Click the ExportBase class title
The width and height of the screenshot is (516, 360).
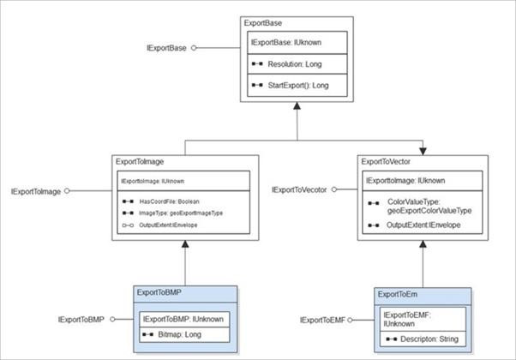click(x=262, y=23)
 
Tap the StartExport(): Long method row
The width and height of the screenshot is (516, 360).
click(x=298, y=86)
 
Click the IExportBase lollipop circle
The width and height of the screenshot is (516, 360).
click(x=194, y=48)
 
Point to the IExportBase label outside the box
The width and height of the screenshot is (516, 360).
click(x=166, y=48)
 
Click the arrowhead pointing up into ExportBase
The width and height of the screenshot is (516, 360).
click(x=297, y=105)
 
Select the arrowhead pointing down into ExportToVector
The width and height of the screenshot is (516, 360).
click(x=423, y=152)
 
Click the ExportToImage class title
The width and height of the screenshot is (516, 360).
click(x=140, y=162)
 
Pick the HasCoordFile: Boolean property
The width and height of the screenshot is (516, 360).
click(x=169, y=201)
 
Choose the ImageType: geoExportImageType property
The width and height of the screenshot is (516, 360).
click(x=181, y=213)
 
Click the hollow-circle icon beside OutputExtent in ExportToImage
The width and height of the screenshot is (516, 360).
click(x=128, y=225)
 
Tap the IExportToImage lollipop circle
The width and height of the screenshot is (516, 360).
click(x=67, y=191)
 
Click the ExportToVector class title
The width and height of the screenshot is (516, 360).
click(x=386, y=162)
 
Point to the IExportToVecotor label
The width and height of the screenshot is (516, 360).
click(x=299, y=190)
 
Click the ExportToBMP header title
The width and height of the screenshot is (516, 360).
click(x=159, y=292)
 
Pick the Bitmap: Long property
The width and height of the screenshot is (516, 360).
click(x=179, y=334)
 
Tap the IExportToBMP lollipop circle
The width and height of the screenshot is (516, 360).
click(x=112, y=319)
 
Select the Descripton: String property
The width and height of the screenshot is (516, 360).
click(x=429, y=339)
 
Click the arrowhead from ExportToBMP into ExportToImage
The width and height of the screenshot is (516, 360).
click(x=185, y=243)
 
